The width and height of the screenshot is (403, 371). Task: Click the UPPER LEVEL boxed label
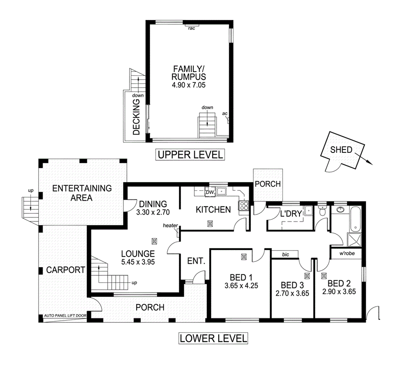coord(189,154)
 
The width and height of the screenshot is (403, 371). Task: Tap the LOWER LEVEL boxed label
coord(213,338)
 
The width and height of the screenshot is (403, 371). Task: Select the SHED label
coord(341,150)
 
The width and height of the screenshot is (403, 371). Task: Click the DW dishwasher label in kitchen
coord(209,193)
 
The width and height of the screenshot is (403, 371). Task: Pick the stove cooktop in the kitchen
coord(243,206)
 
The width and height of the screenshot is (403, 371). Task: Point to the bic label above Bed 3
coord(285,254)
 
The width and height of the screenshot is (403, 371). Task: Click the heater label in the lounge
coord(170,226)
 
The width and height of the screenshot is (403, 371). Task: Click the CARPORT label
coord(66,269)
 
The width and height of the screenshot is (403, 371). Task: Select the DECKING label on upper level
coord(136,117)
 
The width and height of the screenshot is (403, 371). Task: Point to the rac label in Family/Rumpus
coord(192,28)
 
